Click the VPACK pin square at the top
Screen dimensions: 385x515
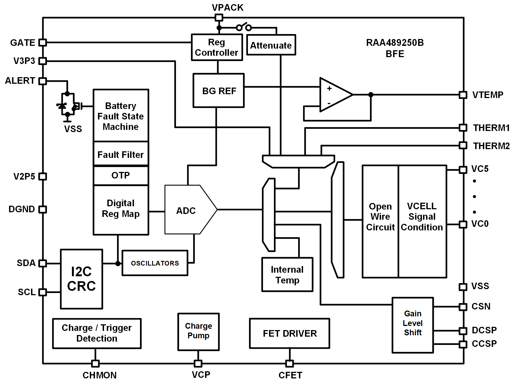(x=219, y=18)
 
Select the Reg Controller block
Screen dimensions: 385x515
(x=217, y=47)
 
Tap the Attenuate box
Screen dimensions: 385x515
(x=271, y=45)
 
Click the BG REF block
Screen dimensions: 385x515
(x=219, y=91)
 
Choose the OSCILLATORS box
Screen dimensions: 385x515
(x=155, y=263)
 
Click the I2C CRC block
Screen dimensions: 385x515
(x=82, y=279)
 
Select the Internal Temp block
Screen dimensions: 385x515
(x=287, y=275)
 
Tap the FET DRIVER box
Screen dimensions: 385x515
(x=290, y=333)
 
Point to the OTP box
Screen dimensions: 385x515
(x=121, y=175)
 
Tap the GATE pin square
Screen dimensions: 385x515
(x=43, y=43)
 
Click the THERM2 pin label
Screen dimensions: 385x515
(x=491, y=146)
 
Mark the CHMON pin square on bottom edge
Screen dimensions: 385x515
(x=95, y=364)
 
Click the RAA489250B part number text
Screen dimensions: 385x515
(x=395, y=43)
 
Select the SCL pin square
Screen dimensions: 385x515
(x=43, y=292)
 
